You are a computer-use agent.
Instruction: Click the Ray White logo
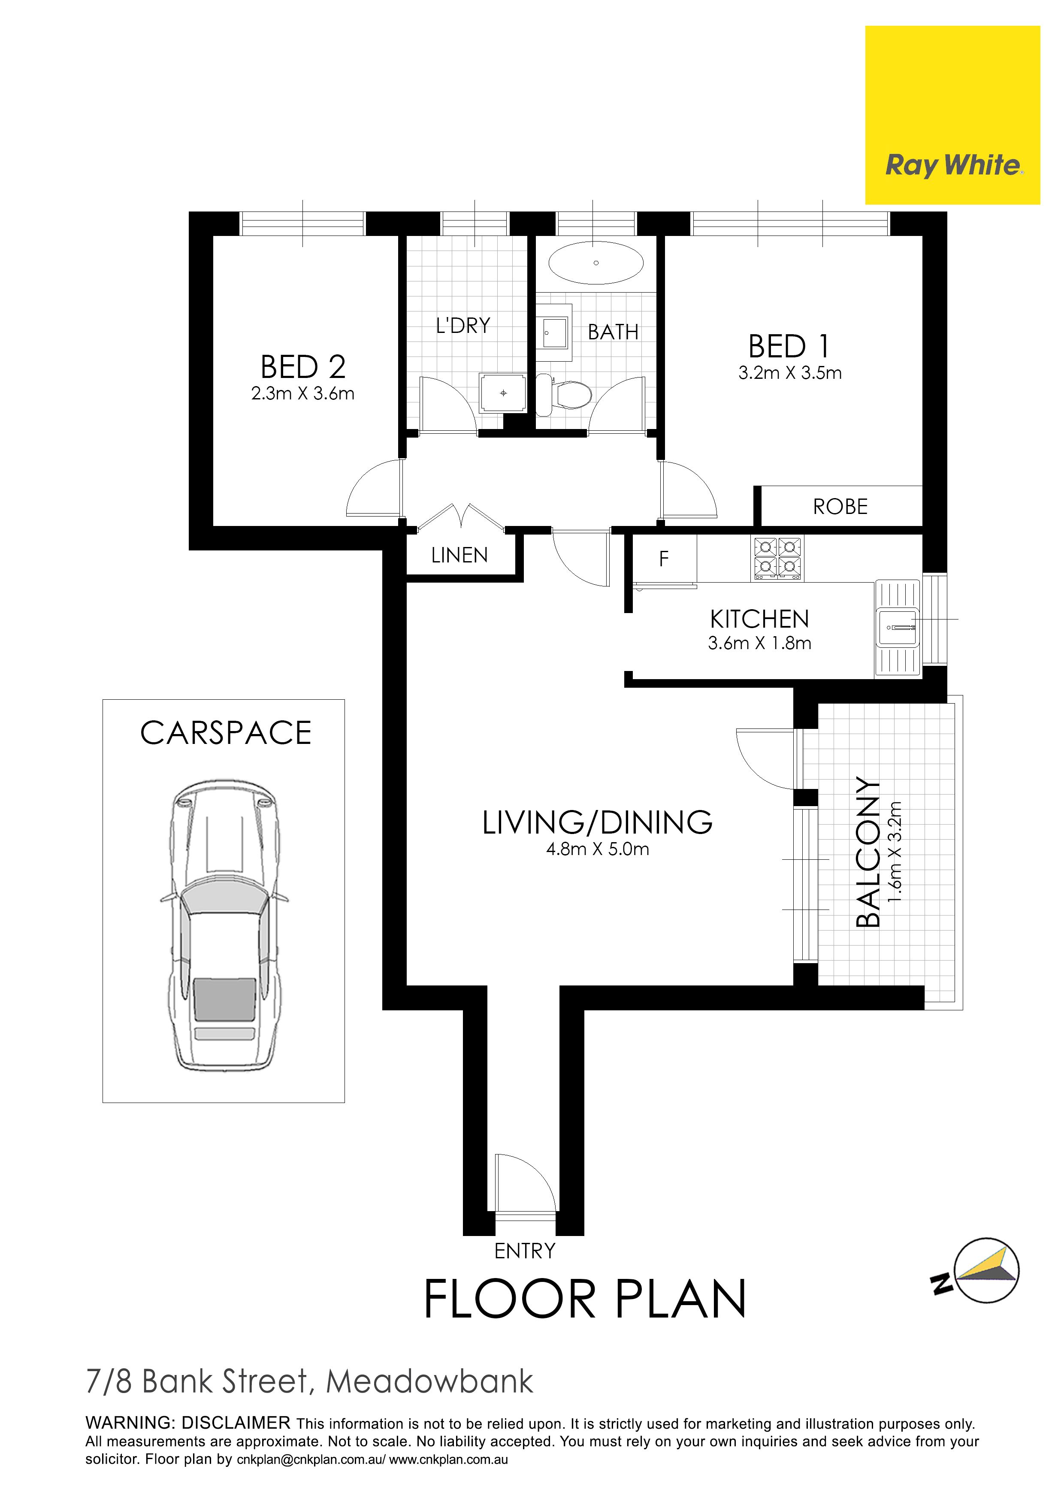(x=952, y=115)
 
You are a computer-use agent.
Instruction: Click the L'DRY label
(x=463, y=326)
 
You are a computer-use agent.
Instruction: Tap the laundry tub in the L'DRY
(x=503, y=393)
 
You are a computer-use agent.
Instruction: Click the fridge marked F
(x=663, y=559)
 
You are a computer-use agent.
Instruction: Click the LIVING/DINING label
(x=597, y=823)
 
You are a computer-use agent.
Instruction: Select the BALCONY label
(x=868, y=852)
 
